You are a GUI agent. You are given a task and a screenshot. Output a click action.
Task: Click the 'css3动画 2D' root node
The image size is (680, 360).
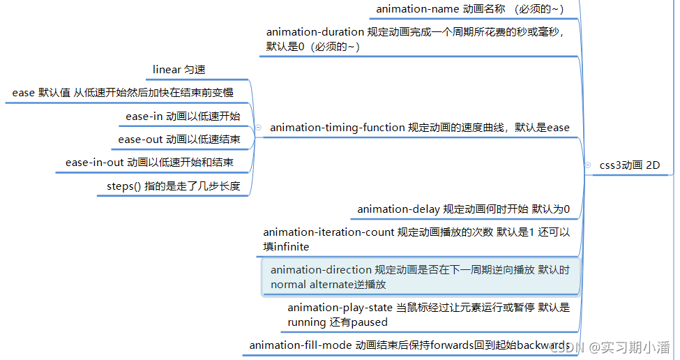(629, 165)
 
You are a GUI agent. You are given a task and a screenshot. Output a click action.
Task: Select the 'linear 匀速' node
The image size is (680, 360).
(179, 70)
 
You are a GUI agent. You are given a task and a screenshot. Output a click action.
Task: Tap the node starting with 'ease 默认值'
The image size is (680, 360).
(123, 93)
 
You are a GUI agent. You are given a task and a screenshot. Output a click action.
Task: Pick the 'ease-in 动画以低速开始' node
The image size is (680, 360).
(183, 117)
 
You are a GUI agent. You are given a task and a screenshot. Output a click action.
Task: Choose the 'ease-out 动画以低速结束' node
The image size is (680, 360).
(179, 140)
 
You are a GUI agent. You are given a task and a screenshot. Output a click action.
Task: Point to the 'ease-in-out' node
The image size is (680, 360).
(149, 163)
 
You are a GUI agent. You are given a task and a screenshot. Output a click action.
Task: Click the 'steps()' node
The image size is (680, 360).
(173, 186)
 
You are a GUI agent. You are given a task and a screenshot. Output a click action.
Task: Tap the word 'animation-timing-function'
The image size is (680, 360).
(338, 128)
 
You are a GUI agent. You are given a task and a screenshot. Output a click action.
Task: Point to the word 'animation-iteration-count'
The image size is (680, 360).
(328, 232)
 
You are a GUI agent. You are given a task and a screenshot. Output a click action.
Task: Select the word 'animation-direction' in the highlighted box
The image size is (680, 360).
(321, 269)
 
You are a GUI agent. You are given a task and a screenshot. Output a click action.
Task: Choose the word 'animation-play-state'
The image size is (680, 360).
(340, 307)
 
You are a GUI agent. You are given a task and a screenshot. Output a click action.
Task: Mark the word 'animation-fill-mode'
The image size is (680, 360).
(301, 345)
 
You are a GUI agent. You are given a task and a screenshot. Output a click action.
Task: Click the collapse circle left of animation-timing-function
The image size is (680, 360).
(259, 128)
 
